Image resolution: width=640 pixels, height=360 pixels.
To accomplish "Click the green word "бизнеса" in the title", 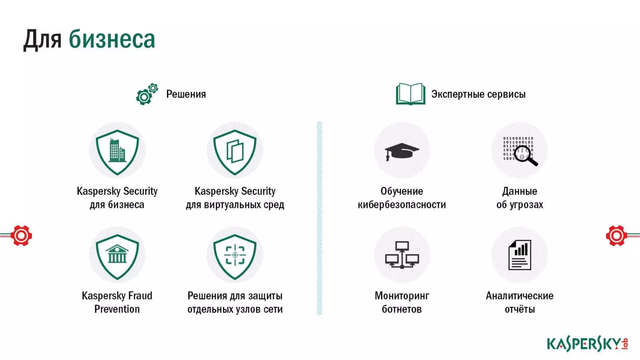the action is [112, 40].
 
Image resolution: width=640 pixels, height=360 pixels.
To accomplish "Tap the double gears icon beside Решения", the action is [147, 94].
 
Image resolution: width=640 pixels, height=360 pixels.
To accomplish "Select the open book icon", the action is [410, 94].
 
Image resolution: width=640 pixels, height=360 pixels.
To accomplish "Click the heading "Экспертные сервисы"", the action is [478, 94].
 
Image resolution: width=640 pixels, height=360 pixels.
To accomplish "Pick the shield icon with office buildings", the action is [117, 152].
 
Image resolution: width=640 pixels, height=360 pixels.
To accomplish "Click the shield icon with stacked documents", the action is [235, 152].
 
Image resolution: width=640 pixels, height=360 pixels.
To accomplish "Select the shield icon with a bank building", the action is [117, 256].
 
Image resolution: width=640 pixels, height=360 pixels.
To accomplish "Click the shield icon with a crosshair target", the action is [235, 256].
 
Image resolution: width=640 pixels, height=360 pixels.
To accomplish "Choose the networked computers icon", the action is [402, 255].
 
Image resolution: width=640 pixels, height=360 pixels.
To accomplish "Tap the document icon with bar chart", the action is [520, 255].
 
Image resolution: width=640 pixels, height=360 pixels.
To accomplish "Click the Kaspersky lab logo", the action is [587, 344].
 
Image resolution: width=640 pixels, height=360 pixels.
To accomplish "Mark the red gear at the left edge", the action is [21, 235].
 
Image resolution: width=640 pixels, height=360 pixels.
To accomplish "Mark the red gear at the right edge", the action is [616, 235].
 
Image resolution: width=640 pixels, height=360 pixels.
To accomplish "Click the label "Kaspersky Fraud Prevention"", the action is [117, 302].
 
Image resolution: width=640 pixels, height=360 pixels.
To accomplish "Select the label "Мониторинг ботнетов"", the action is [402, 302].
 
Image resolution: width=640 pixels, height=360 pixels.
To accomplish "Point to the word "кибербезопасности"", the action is [402, 205].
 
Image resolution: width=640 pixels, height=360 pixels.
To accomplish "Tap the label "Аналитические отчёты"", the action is [519, 302].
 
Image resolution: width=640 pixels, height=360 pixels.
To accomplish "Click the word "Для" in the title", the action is [42, 40].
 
